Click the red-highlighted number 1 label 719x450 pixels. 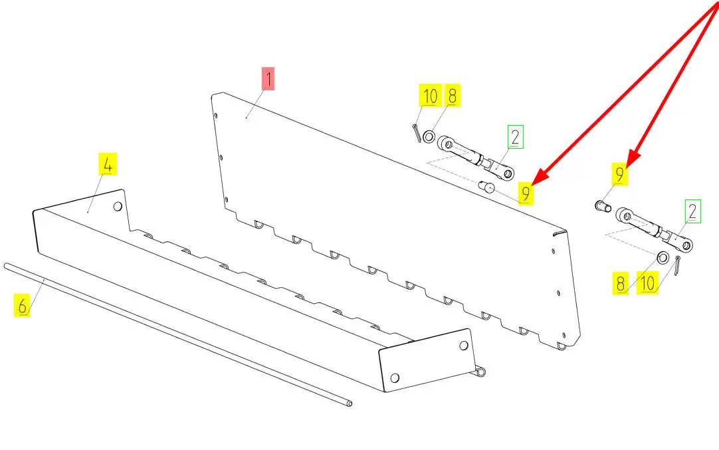(x=268, y=79)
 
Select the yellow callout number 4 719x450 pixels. (x=108, y=164)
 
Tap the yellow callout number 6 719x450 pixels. (x=22, y=306)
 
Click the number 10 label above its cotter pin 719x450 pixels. (x=430, y=96)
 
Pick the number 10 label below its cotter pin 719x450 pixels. (x=647, y=282)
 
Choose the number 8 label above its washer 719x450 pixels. (x=452, y=96)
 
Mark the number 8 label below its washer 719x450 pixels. (x=621, y=283)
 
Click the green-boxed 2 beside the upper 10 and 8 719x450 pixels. (x=516, y=137)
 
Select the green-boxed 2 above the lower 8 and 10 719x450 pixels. (x=693, y=211)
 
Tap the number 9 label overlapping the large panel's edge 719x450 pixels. (x=526, y=193)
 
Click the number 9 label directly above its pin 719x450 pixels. (x=620, y=175)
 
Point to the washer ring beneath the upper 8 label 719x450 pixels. (x=429, y=136)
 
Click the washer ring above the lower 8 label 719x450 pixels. (x=663, y=258)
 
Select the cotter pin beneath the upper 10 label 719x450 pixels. (x=417, y=134)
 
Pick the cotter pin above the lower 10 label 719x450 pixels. (x=677, y=266)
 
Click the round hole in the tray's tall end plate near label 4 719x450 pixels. (x=118, y=207)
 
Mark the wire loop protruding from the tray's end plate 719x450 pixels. (x=480, y=371)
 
